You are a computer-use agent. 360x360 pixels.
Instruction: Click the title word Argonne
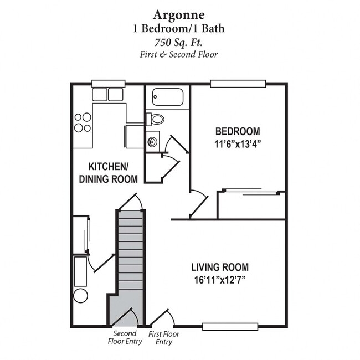click(179, 13)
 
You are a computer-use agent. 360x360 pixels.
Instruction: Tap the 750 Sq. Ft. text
click(179, 42)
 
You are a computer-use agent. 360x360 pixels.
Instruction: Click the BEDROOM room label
click(238, 131)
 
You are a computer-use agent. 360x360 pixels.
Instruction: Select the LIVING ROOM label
click(220, 267)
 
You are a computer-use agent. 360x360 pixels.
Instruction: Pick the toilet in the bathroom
click(156, 119)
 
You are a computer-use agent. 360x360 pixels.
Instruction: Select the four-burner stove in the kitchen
click(83, 122)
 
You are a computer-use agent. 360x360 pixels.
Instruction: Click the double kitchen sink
click(107, 95)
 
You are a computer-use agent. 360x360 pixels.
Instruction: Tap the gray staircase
click(131, 255)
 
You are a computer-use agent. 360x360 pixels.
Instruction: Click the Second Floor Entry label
click(126, 337)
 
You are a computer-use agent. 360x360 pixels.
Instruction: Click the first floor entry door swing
click(163, 318)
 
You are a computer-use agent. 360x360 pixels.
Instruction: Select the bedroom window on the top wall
click(238, 84)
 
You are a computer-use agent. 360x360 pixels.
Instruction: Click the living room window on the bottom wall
click(230, 326)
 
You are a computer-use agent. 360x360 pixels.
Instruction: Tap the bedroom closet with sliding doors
click(251, 205)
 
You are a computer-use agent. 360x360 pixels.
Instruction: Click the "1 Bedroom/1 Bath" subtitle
click(179, 28)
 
